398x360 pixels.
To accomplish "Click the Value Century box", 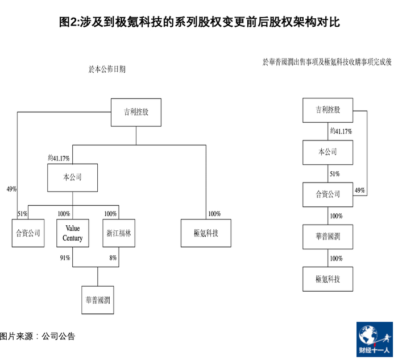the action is point(73,233).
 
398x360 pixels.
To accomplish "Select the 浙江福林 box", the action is point(119,233).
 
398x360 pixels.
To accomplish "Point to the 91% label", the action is point(65,258).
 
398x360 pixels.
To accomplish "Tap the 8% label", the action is point(113,258).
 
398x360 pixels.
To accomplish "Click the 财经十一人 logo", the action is point(374,339).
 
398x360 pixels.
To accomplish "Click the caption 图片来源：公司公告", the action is point(38,336).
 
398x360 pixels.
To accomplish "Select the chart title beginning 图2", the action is point(199,22).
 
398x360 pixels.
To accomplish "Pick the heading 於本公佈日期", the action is point(107,69).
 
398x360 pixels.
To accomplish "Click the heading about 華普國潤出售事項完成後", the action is point(327,61).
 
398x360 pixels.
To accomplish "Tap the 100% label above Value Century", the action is point(64,214).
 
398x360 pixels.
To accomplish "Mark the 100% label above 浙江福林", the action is point(110,214).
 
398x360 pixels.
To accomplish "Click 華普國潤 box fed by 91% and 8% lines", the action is point(98,300).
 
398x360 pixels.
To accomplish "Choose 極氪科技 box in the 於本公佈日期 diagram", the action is point(206,233).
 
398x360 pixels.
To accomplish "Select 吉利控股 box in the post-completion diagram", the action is point(327,110).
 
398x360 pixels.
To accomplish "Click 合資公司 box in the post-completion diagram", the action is point(327,195).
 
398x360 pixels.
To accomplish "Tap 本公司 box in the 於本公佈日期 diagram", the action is point(72,177).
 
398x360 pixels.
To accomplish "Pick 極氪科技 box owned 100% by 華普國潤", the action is point(327,279).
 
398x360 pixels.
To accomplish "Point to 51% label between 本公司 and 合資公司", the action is point(334,174).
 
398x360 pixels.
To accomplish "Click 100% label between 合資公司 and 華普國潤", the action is point(336,216).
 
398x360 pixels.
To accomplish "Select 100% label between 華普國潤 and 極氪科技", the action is point(336,258).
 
